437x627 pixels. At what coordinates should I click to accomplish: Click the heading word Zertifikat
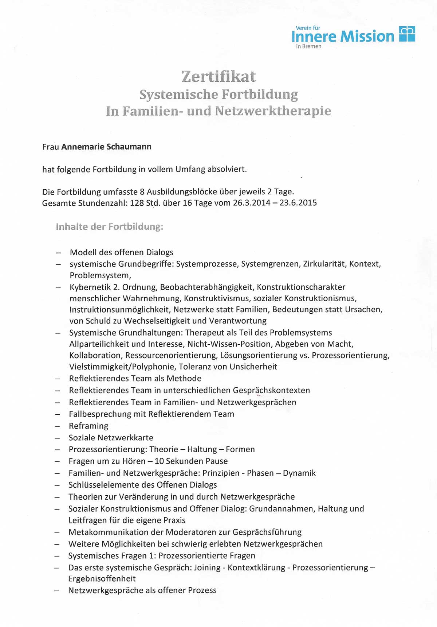point(219,77)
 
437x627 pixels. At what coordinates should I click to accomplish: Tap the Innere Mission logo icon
point(407,34)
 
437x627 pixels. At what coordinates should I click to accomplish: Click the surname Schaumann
point(129,147)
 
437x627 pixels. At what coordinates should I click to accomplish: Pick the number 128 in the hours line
point(137,203)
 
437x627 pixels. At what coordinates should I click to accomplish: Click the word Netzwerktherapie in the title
point(273,111)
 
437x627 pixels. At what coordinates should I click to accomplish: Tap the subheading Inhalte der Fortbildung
point(110,227)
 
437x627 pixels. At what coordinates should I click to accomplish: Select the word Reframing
point(88,426)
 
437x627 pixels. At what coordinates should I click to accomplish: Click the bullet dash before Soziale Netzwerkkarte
point(58,438)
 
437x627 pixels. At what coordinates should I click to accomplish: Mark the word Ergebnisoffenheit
point(102,579)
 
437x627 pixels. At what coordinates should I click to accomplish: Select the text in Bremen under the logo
point(308,47)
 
